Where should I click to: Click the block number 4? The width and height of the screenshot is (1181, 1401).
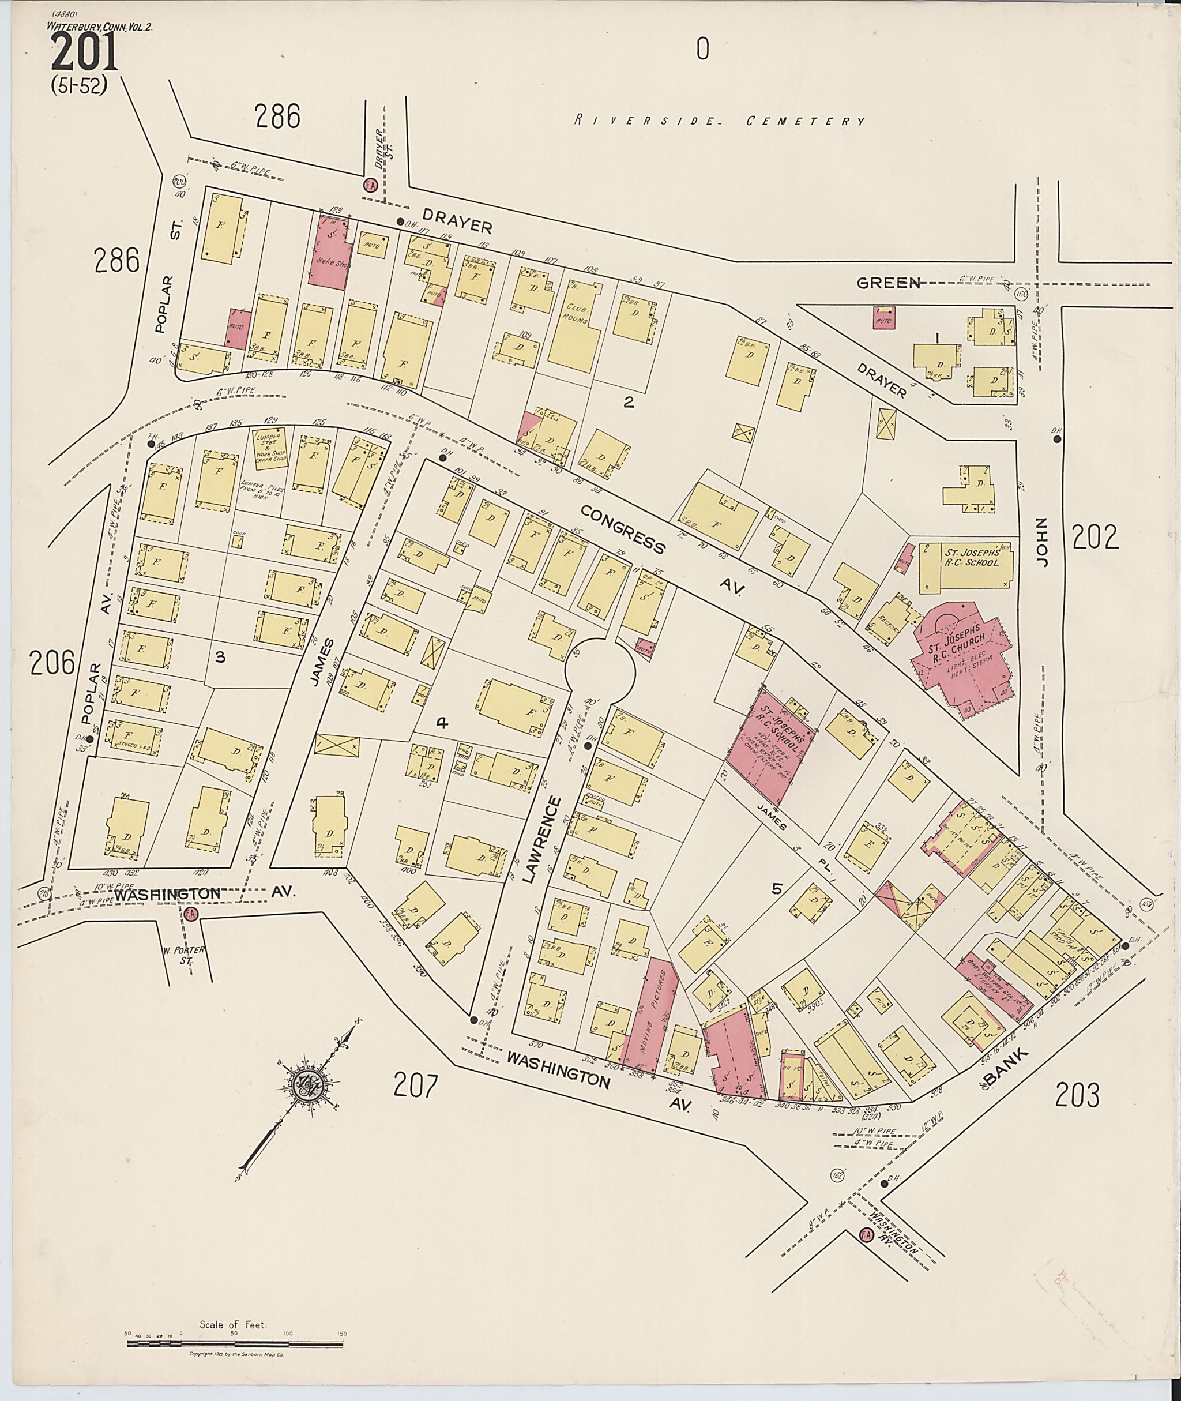(x=441, y=723)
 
